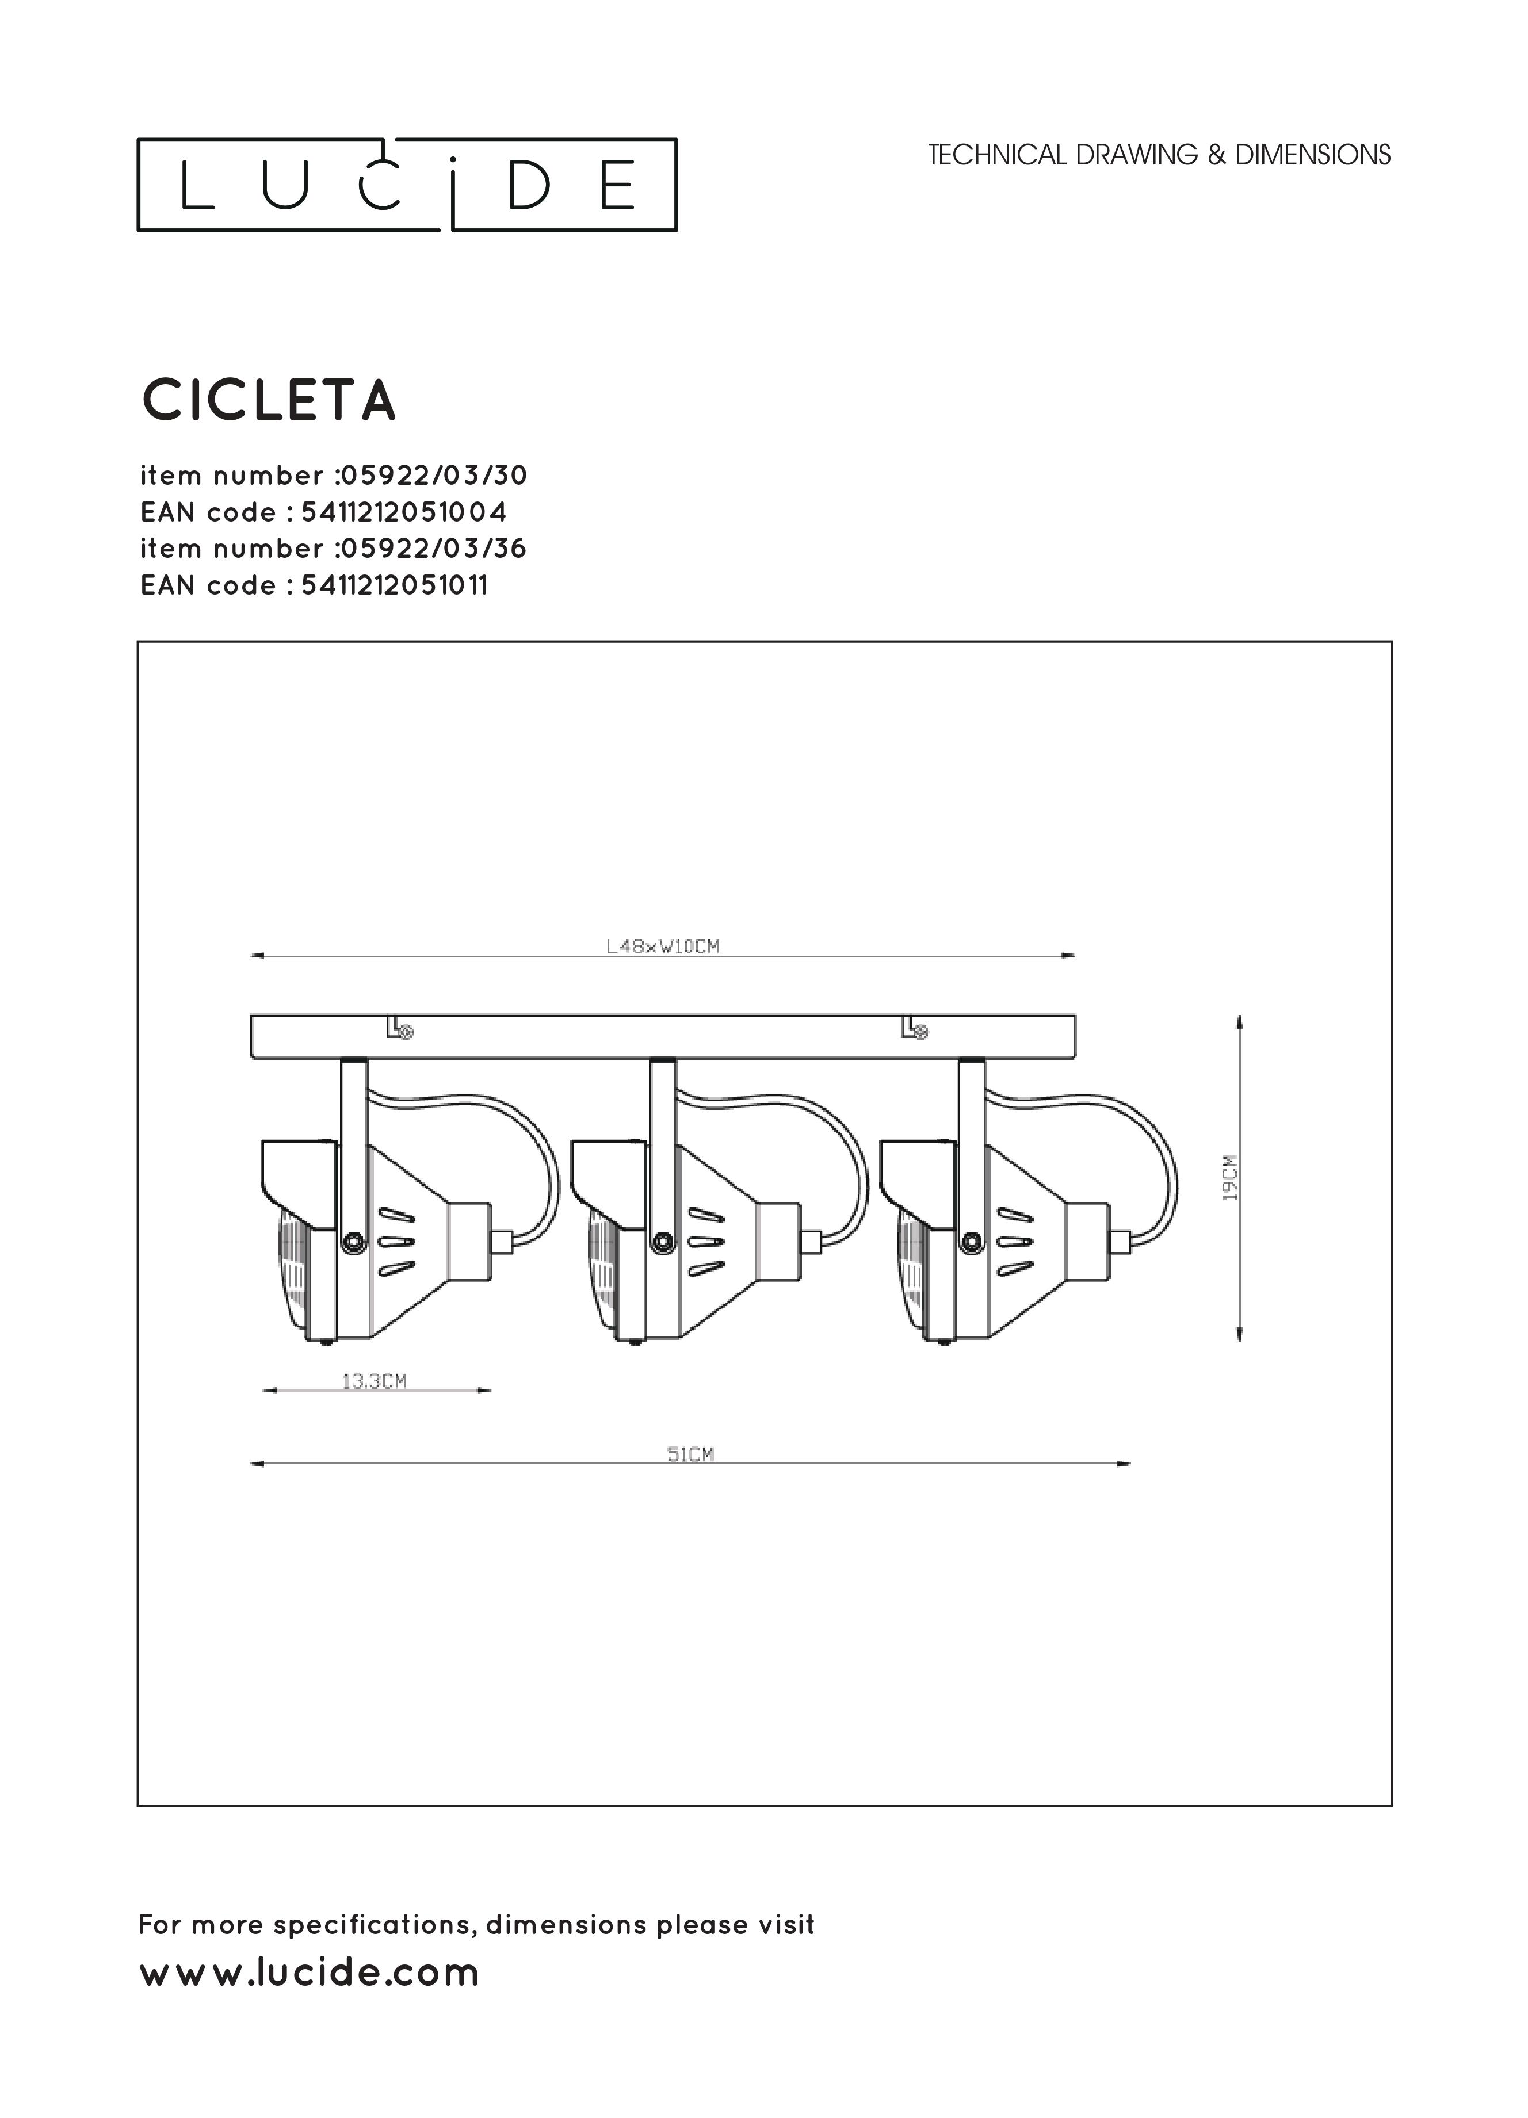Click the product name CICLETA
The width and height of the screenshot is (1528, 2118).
[269, 401]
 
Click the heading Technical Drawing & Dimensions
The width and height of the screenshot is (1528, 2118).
[1159, 155]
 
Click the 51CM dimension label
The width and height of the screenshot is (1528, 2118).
[690, 1454]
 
